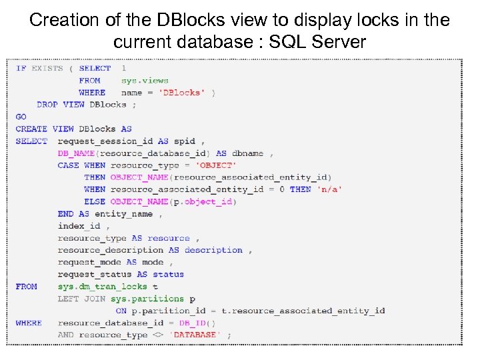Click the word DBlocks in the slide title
coord(172,20)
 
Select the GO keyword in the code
coord(21,117)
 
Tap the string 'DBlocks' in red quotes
coord(180,93)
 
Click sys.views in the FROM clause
coord(145,81)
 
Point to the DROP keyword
coord(47,105)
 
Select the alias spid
coord(185,141)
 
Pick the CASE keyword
coord(68,165)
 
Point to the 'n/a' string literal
coord(329,189)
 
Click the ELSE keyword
coord(95,201)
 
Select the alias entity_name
coord(123,214)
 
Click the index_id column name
coord(79,226)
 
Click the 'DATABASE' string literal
coord(194,335)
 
